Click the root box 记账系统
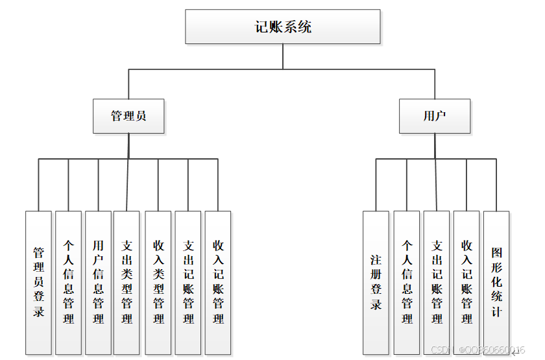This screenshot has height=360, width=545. tap(283, 27)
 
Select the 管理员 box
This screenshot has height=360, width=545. tap(128, 116)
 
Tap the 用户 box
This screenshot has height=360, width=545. tap(434, 116)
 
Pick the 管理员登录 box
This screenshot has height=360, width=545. tap(38, 282)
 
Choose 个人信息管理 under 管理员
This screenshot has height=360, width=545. tap(68, 282)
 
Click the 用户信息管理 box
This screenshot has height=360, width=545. tap(98, 282)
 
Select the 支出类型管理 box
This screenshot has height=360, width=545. tap(127, 282)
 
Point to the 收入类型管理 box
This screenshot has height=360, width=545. tap(158, 282)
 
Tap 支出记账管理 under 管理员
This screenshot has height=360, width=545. tap(188, 282)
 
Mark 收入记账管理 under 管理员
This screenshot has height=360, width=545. tap(218, 282)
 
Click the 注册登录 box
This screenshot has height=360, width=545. tap(376, 282)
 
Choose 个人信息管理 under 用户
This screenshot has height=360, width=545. tap(407, 282)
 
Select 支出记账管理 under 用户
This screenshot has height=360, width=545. tap(437, 282)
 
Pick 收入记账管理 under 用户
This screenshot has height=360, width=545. tap(466, 282)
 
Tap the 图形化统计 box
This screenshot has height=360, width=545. tap(496, 282)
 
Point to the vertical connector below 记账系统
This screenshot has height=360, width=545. tap(283, 56)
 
